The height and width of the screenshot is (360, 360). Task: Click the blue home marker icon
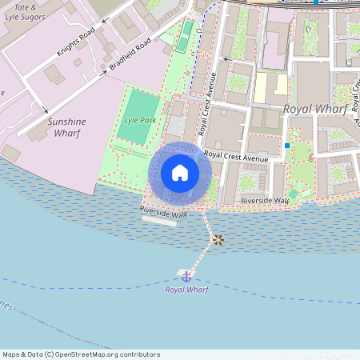point(180,173)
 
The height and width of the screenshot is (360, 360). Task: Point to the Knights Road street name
point(75,42)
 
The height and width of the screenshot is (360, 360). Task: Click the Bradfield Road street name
point(130,57)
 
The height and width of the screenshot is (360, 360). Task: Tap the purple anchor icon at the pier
point(186,276)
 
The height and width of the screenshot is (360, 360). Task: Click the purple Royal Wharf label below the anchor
point(186,290)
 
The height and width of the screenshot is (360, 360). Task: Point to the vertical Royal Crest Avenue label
point(208,105)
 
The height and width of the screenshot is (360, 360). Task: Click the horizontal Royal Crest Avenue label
point(235,158)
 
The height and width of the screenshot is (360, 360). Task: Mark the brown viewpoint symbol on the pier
point(218,239)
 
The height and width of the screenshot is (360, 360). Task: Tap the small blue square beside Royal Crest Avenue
point(286,146)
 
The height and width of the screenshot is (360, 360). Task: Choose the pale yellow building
point(270,86)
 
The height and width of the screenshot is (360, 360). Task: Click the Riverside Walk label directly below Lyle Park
point(163,212)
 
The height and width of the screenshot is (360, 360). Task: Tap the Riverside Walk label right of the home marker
point(265,200)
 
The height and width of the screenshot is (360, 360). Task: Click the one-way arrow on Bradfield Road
point(104,73)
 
